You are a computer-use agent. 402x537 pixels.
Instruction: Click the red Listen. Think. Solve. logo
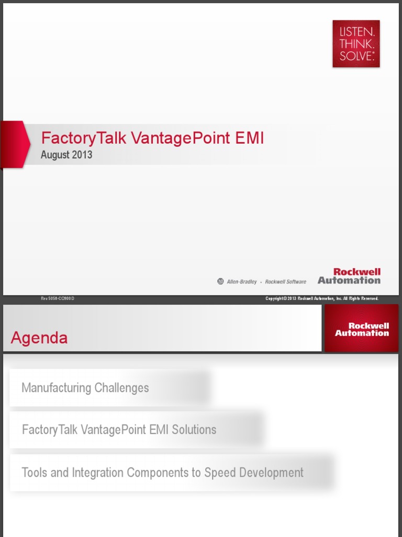coord(356,44)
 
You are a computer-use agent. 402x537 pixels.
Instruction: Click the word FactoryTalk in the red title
coord(84,138)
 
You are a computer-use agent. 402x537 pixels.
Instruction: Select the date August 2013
coord(66,155)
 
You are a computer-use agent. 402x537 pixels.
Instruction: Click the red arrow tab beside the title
coord(15,144)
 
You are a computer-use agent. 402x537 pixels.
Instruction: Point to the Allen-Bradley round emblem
coord(220,282)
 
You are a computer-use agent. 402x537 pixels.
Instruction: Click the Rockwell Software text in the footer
coord(285,282)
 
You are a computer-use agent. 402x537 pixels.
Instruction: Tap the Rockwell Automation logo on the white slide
coord(349,276)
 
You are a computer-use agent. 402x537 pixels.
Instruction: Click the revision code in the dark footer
coord(58,298)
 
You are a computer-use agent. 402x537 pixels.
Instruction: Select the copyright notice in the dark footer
coord(322,298)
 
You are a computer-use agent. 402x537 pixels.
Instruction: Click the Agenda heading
coord(39,338)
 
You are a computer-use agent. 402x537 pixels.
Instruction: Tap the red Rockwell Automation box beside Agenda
coord(362,329)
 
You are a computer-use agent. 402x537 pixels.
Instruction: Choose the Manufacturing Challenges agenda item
coord(85,388)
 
